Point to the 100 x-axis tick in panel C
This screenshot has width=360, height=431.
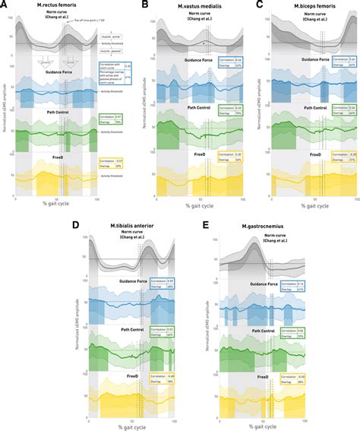click(357, 197)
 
